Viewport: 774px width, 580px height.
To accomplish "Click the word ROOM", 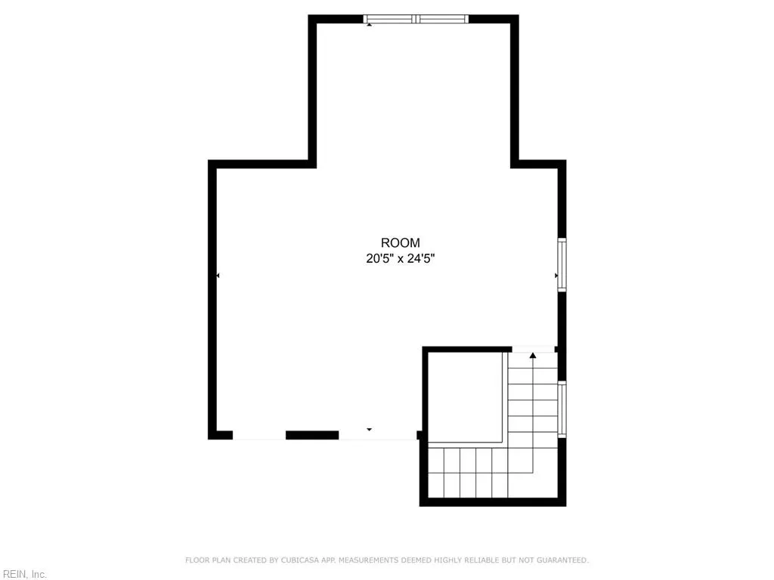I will [x=400, y=243].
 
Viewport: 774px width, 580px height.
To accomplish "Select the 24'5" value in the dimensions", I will [x=423, y=258].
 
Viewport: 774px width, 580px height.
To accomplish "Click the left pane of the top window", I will [x=390, y=19].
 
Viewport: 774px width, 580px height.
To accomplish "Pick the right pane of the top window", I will [x=443, y=19].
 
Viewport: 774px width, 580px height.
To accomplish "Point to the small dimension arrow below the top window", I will [x=369, y=25].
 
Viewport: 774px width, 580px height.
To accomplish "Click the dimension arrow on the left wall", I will [x=218, y=276].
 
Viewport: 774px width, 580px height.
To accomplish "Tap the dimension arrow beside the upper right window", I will [x=556, y=276].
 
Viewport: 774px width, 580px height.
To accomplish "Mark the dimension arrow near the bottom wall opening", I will [x=369, y=430].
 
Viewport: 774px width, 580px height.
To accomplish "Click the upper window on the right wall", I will [x=562, y=264].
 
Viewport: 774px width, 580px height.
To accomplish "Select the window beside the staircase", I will [x=562, y=409].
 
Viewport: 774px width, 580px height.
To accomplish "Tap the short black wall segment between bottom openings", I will [x=311, y=435].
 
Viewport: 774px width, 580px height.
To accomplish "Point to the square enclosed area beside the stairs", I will [x=464, y=396].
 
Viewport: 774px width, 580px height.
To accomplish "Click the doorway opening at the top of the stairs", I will [x=533, y=349].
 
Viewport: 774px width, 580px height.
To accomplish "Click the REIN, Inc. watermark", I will [x=24, y=575].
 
